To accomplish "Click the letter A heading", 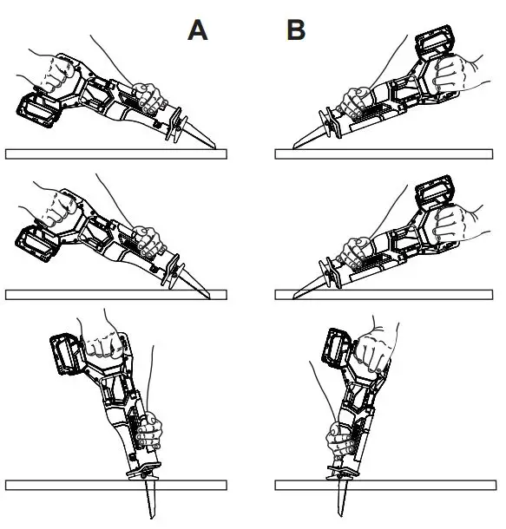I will pos(198,30).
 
